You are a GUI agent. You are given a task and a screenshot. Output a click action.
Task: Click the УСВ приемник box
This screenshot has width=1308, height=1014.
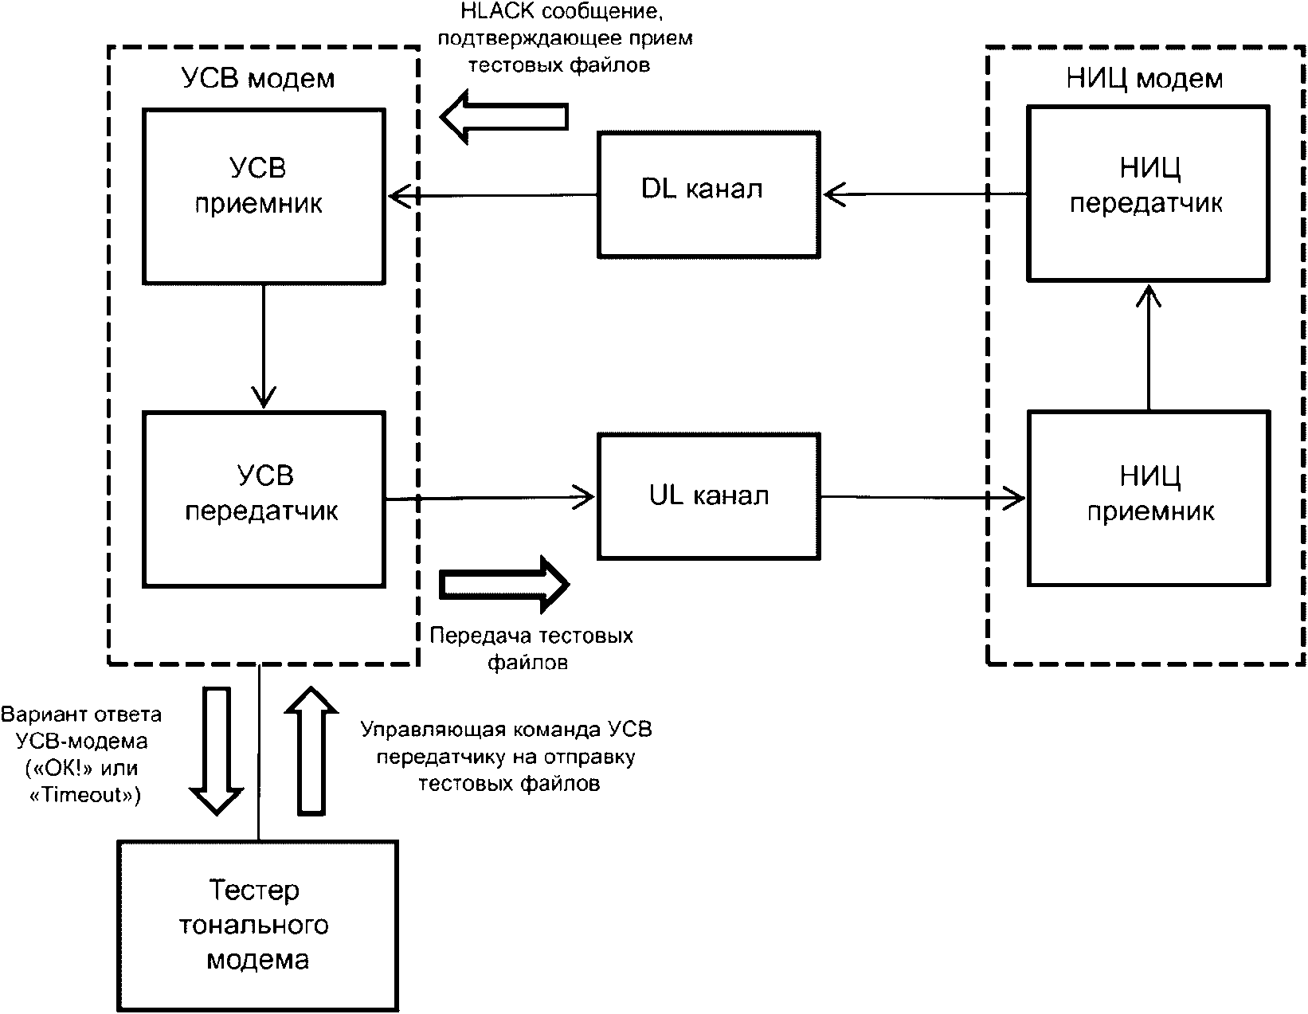(263, 195)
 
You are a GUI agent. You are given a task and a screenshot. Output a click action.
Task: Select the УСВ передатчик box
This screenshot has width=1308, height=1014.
(263, 499)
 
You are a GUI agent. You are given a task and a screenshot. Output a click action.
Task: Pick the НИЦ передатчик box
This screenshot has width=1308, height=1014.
(1148, 194)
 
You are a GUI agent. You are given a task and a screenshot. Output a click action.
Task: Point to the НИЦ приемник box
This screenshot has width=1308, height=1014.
(1148, 499)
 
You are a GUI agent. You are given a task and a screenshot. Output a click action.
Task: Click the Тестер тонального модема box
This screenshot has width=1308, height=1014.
(257, 925)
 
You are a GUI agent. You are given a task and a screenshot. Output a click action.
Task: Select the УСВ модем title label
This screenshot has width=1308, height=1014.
(258, 79)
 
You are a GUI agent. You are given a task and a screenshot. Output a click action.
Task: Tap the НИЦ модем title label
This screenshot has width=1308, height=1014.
(1145, 79)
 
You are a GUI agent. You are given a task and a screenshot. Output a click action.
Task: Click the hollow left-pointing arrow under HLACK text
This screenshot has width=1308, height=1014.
(503, 115)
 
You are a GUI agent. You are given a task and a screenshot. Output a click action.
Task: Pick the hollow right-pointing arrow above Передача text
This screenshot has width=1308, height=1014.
(504, 584)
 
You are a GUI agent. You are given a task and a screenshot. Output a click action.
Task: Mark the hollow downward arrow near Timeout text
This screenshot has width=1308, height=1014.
(216, 749)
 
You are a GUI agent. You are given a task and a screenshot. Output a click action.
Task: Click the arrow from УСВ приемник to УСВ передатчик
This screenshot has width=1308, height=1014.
(263, 346)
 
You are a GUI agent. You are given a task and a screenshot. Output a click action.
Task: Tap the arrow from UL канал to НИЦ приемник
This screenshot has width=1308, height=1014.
(924, 498)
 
